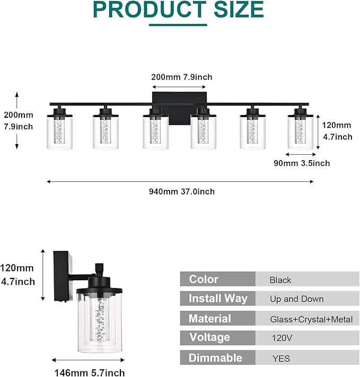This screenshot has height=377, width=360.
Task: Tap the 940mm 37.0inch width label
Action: coord(181,191)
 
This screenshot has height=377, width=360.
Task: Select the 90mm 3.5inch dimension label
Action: coord(302,163)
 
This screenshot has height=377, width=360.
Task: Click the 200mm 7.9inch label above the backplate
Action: coord(181,77)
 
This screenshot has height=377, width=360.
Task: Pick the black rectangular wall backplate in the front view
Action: coord(180,109)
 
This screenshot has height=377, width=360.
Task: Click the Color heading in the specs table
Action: coord(204,279)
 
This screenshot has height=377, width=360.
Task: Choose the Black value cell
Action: coord(280,280)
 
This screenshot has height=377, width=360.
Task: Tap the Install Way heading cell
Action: coord(217,299)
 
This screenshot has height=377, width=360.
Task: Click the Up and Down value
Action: coord(296,299)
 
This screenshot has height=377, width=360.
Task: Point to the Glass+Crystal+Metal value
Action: coord(304,319)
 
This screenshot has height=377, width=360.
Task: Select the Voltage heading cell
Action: coord(209,337)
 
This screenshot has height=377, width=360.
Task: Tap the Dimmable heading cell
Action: coord(215,357)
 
